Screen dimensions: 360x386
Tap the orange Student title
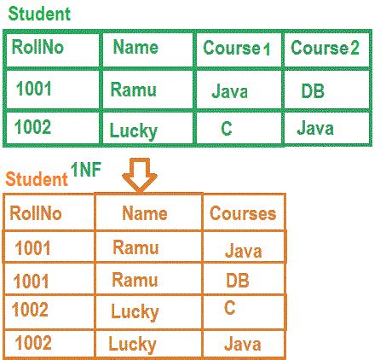pyautogui.click(x=36, y=180)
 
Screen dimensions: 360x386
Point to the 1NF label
pyautogui.click(x=87, y=171)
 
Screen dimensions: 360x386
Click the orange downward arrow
pyautogui.click(x=139, y=177)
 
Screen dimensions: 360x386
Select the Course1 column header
pyautogui.click(x=236, y=49)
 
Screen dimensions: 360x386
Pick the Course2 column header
pyautogui.click(x=325, y=48)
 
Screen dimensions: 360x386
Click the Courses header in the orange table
pyautogui.click(x=243, y=213)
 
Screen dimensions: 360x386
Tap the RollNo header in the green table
pyautogui.click(x=36, y=48)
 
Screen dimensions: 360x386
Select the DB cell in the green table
pyautogui.click(x=313, y=90)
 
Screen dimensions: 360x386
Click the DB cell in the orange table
pyautogui.click(x=238, y=280)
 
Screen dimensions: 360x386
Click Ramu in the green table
pyautogui.click(x=133, y=88)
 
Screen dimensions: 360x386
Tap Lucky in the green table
pyautogui.click(x=134, y=131)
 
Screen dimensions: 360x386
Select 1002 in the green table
pyautogui.click(x=34, y=128)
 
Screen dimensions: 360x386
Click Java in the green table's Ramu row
pyautogui.click(x=230, y=90)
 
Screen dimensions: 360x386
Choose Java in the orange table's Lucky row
pyautogui.click(x=243, y=344)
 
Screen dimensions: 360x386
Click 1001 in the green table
pyautogui.click(x=34, y=86)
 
